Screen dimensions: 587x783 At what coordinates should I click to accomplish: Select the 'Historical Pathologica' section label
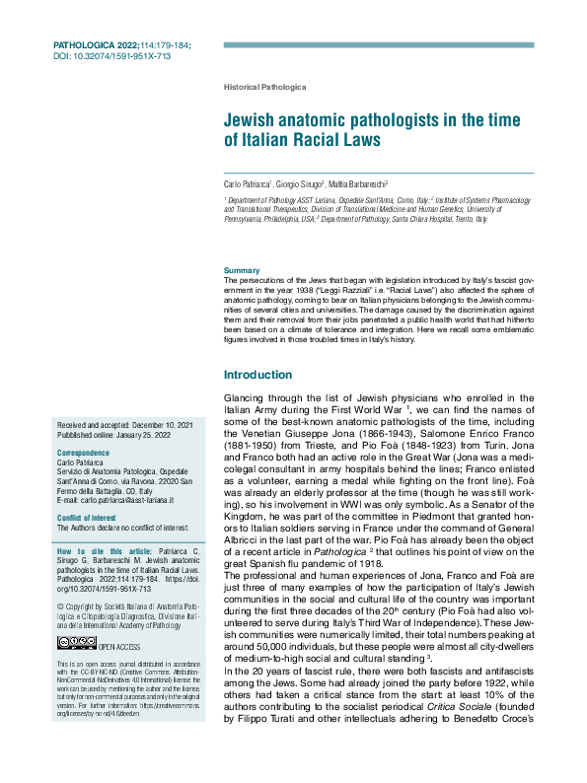[265, 88]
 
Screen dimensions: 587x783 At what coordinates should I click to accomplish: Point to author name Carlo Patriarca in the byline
[247, 184]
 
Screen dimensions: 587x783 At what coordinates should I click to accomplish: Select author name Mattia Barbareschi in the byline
[359, 184]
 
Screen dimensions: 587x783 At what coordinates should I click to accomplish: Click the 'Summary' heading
[242, 270]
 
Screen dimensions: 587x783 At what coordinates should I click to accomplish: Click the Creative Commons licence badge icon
[76, 643]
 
